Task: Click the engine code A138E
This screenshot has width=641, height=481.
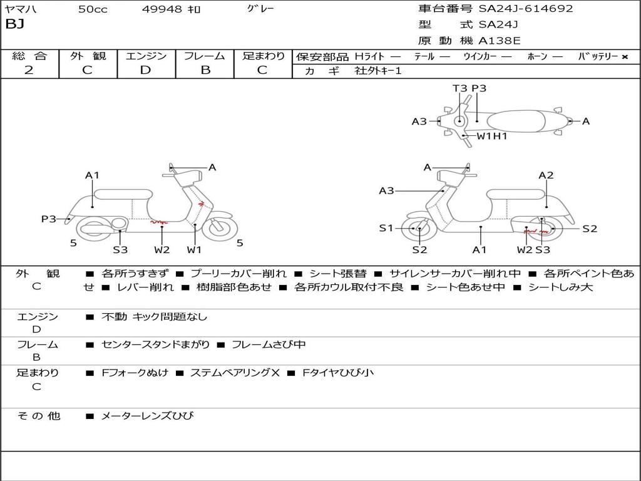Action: [500, 41]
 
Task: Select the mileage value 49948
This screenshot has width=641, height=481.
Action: [162, 9]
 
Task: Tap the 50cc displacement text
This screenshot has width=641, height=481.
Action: [92, 9]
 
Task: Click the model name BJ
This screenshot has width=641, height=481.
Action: [14, 25]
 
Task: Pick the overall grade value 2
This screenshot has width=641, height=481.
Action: [29, 70]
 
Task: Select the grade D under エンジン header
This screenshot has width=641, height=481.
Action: [146, 70]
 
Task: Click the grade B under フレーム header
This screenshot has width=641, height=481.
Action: [205, 70]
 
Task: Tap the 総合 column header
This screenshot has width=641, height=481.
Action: [29, 56]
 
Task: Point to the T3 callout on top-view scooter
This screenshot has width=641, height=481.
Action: [459, 88]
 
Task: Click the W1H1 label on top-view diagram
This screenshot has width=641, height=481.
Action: [492, 136]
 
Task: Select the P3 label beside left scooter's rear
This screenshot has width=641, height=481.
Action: [49, 219]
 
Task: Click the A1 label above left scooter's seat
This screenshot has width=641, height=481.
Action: [93, 175]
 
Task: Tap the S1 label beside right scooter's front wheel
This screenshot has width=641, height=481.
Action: [386, 228]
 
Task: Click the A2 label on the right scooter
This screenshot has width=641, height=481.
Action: [546, 175]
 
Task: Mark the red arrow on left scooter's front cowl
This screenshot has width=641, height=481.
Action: [200, 204]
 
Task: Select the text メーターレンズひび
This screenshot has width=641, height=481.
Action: [148, 416]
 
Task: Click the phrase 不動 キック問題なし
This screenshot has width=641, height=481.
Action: [154, 317]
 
